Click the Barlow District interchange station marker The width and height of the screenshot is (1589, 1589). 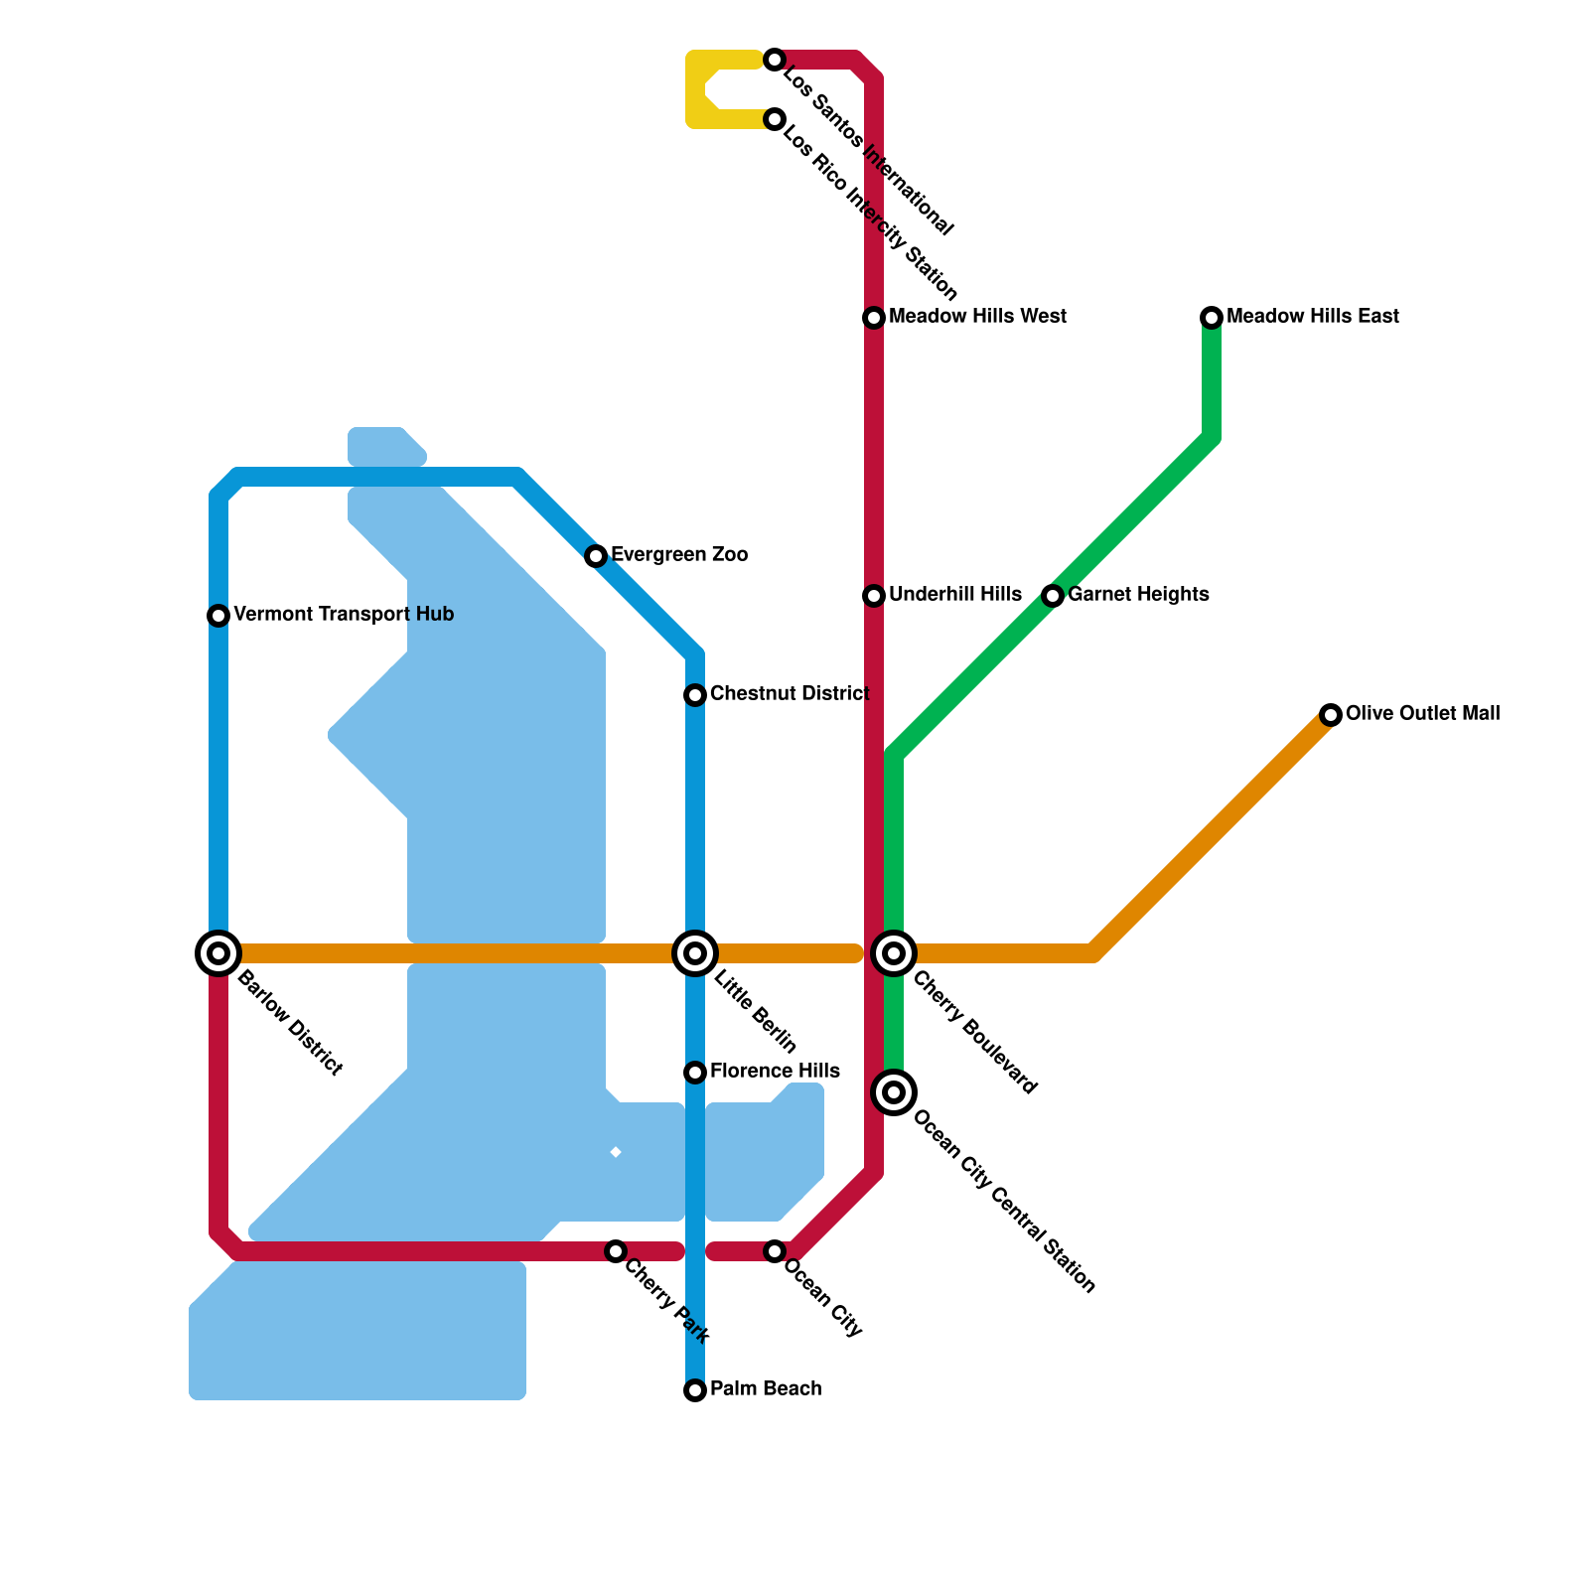218,953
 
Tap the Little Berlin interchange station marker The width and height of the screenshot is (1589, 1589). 695,953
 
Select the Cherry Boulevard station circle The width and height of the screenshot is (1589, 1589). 894,953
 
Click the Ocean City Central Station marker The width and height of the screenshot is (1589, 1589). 894,1092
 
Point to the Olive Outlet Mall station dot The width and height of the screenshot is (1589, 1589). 1331,715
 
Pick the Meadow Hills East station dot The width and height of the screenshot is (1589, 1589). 1212,318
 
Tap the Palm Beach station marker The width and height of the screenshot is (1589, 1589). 695,1390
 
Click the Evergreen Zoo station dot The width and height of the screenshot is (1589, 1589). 596,556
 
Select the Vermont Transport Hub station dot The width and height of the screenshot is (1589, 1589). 218,616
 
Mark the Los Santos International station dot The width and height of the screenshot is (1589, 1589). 775,60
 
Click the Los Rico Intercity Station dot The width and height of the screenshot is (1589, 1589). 775,119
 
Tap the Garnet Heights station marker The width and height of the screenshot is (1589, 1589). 1053,596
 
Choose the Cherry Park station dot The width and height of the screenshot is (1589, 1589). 616,1251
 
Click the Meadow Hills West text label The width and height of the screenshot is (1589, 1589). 977,317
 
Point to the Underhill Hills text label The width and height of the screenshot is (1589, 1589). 954,595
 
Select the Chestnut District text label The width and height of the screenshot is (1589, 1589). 790,694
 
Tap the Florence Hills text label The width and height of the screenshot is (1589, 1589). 775,1072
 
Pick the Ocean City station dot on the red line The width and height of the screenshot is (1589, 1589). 775,1251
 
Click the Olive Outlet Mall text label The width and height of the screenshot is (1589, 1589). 1422,714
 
